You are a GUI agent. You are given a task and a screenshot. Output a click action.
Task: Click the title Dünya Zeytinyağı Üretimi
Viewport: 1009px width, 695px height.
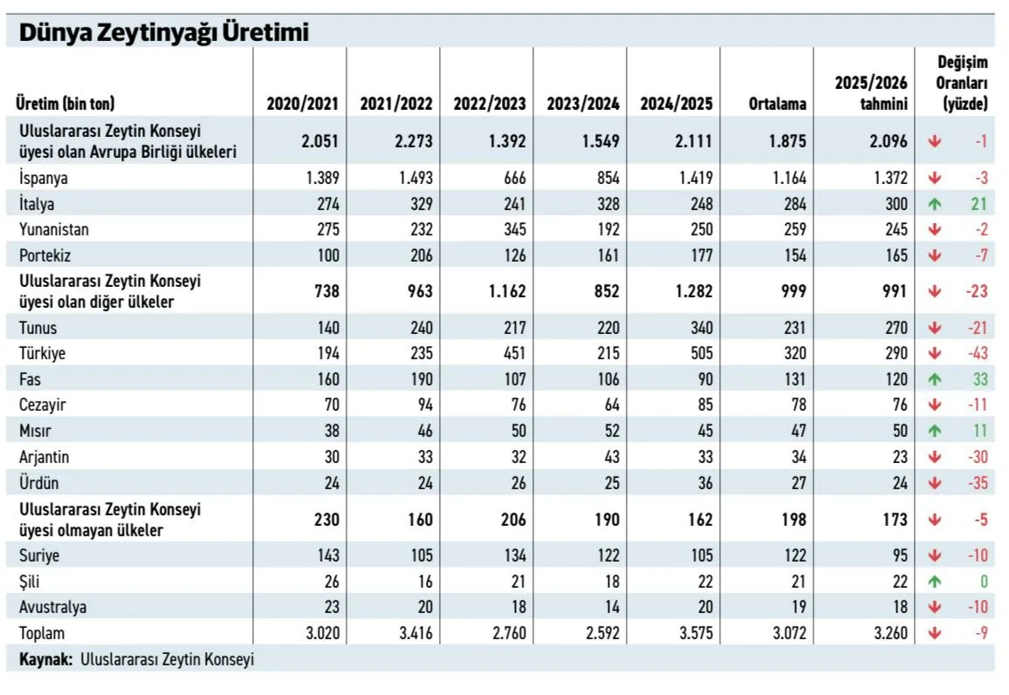click(x=164, y=33)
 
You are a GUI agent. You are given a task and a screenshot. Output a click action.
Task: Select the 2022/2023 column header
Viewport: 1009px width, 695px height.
click(x=490, y=104)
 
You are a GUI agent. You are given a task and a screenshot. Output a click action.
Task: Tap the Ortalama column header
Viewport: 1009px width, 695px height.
click(x=777, y=104)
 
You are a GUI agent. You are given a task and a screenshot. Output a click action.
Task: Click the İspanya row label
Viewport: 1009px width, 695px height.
click(x=44, y=178)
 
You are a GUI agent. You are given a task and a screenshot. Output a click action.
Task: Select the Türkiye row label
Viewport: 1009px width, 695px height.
click(x=42, y=354)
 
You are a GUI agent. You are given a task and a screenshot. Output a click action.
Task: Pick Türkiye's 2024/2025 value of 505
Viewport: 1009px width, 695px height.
click(x=700, y=354)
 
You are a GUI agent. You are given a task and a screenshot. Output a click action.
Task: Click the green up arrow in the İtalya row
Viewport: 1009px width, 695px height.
click(x=935, y=204)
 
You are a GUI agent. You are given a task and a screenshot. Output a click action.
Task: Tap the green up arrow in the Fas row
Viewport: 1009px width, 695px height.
click(x=935, y=380)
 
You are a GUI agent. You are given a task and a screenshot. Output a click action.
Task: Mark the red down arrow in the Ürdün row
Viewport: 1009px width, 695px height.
click(x=935, y=482)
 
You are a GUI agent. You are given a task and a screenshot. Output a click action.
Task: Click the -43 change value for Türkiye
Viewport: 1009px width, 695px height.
click(x=977, y=354)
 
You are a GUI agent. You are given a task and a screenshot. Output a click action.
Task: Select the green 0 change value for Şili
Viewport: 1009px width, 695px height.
click(x=983, y=582)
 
